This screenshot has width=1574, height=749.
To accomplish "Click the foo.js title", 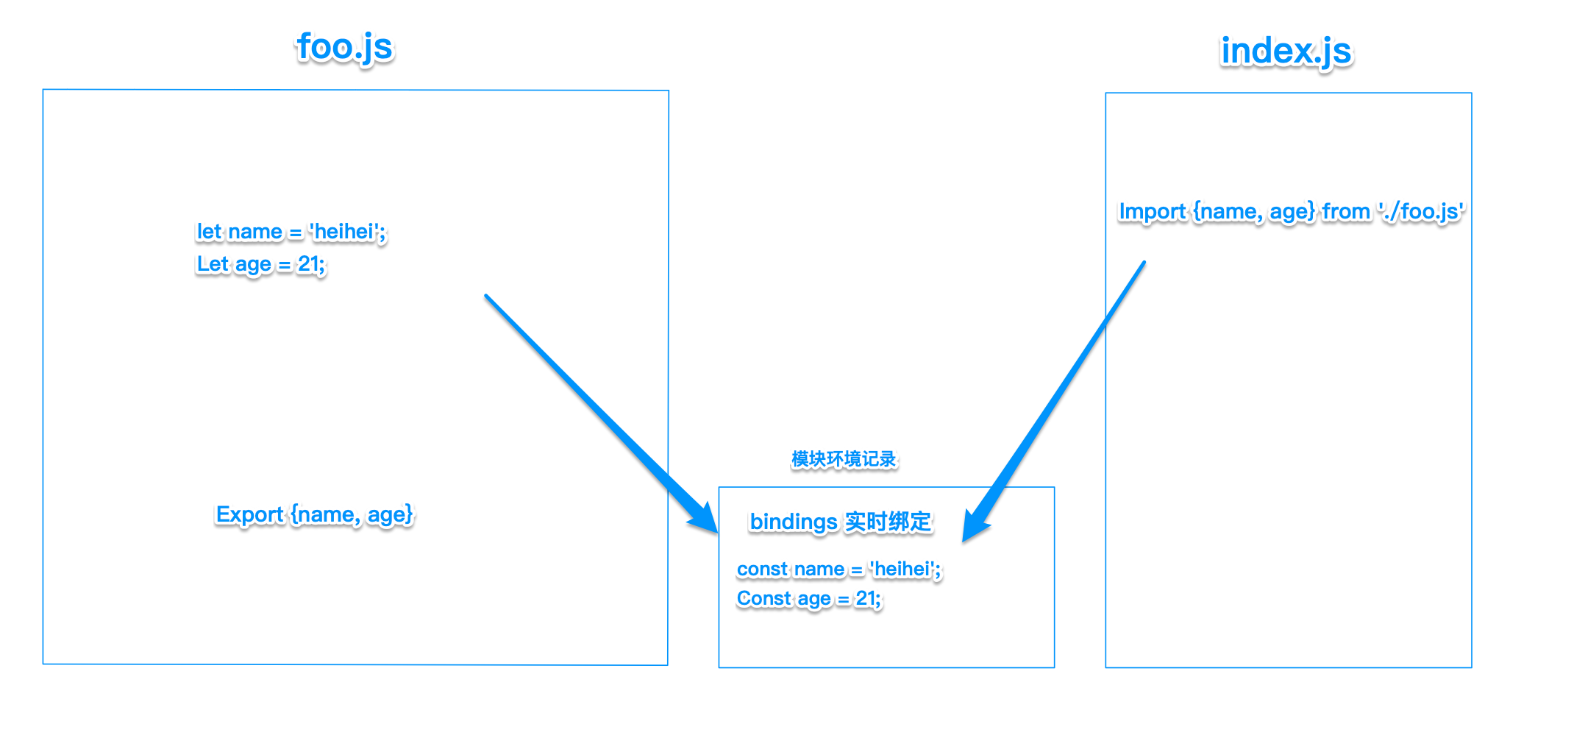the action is tap(345, 47).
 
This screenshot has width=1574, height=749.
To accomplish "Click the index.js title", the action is tap(1286, 51).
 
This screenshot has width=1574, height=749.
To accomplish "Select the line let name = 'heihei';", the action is tap(291, 232).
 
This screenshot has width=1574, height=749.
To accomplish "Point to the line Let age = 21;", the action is tap(260, 264).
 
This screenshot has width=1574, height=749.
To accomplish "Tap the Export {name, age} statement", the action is tap(314, 514).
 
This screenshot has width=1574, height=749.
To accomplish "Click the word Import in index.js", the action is tap(1152, 212).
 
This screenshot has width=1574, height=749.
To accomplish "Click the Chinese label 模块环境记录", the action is tap(844, 459).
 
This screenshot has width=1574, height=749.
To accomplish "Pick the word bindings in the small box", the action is tap(793, 522).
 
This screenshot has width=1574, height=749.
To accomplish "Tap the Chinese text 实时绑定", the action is tap(889, 522).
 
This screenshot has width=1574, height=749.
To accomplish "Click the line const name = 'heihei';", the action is tap(838, 569).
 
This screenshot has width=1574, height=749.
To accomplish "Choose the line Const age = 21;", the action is tap(808, 599).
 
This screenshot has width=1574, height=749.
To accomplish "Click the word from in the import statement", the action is tap(1346, 212).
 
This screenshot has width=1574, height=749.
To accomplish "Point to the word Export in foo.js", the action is tap(249, 514).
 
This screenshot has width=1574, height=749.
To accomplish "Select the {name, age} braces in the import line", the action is tap(1253, 212).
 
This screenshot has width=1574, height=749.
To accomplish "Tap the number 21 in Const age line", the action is tap(866, 599).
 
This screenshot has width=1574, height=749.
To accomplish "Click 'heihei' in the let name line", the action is tap(346, 232).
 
